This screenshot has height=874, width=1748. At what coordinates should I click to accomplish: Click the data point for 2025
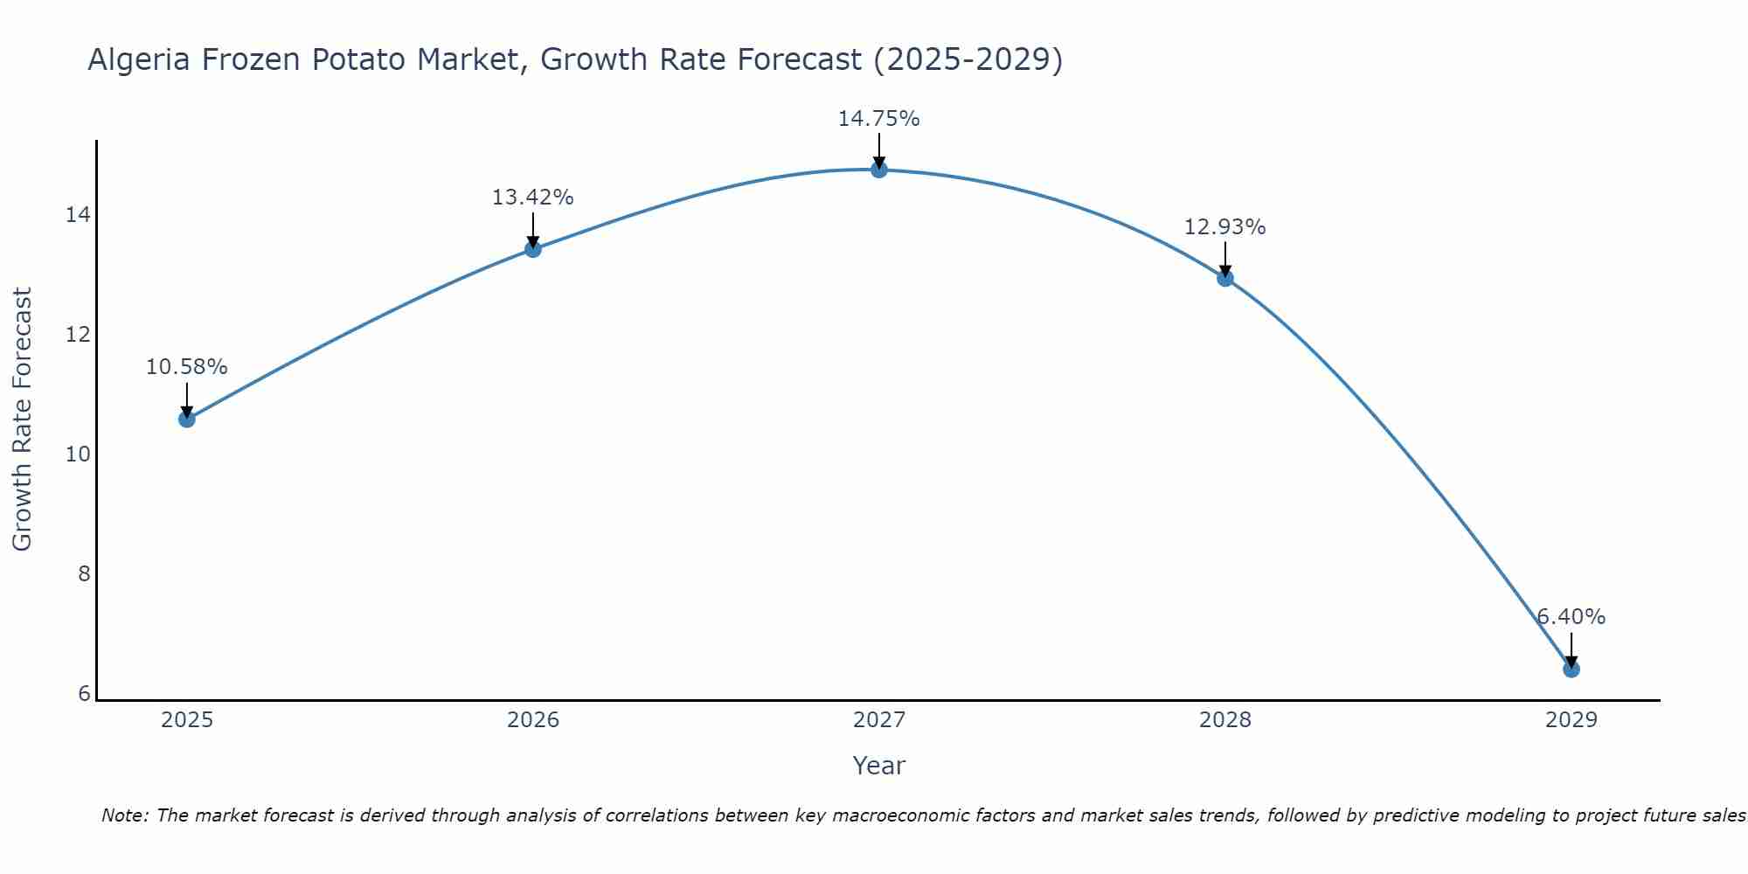click(186, 420)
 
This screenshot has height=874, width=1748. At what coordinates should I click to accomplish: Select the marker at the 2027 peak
click(879, 170)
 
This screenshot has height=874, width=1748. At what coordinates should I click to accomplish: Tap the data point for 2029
click(1571, 669)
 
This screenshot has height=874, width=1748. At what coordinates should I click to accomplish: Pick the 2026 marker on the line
click(533, 249)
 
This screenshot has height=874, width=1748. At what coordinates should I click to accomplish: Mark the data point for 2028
click(1225, 279)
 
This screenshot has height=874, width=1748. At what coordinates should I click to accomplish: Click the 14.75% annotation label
click(878, 119)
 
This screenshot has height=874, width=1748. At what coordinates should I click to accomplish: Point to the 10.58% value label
click(186, 367)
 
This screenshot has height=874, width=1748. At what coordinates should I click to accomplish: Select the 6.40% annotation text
click(1571, 617)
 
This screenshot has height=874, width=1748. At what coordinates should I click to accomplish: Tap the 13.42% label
click(532, 198)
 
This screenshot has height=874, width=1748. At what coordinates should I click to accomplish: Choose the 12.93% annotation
click(1224, 227)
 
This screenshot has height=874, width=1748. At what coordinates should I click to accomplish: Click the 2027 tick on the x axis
click(879, 720)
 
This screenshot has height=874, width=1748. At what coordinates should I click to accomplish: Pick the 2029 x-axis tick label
click(1571, 720)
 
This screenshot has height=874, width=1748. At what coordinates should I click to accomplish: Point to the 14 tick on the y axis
click(78, 215)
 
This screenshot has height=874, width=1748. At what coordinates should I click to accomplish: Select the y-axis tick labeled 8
click(84, 574)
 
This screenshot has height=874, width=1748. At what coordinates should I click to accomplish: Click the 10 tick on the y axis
click(78, 454)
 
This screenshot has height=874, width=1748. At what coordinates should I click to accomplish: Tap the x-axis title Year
click(878, 766)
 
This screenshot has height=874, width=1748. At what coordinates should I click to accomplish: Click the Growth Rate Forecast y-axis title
click(22, 420)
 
